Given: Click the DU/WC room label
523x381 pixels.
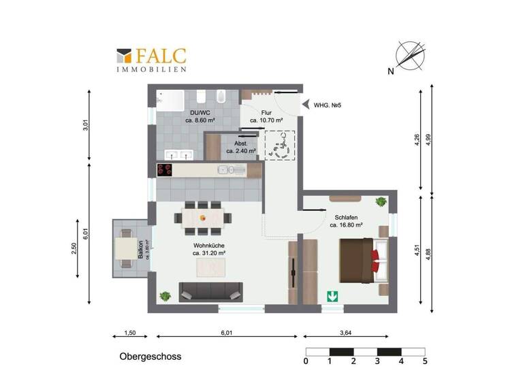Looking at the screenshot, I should coord(200,116).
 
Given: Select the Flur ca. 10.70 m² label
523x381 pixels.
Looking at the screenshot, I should coord(266,116).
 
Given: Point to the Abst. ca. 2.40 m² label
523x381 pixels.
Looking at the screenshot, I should coord(241,147).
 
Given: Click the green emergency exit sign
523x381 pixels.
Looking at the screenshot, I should coord(332,296).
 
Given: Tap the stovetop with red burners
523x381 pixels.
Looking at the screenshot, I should coord(165,170).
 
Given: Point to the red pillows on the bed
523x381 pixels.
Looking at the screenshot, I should coord(375,259).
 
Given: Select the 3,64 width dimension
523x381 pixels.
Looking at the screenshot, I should coord(347,333).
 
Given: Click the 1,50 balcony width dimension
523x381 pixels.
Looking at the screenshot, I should coord(130,333).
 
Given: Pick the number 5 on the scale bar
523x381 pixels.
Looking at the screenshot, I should coord(425,361).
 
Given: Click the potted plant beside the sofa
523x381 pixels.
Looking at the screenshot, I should coord(165,296).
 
